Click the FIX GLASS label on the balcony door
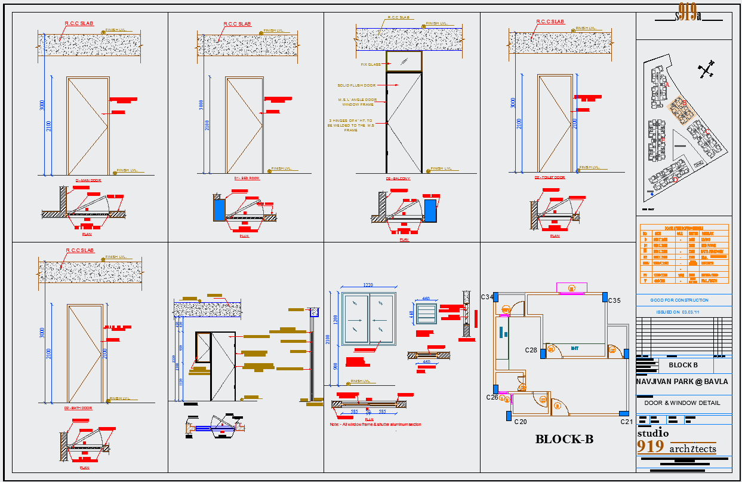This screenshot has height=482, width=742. click(370, 65)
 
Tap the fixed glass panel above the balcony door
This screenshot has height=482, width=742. click(404, 61)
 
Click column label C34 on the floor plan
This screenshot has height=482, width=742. click(487, 297)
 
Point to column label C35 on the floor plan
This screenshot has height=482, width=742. click(615, 300)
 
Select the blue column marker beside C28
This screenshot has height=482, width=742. click(543, 353)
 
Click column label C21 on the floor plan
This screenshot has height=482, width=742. click(626, 422)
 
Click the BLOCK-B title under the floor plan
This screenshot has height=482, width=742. click(564, 440)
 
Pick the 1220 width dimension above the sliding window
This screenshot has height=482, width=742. click(368, 285)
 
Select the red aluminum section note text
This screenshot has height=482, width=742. click(375, 425)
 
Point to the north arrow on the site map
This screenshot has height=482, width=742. click(706, 70)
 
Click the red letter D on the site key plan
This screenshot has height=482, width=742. click(675, 179)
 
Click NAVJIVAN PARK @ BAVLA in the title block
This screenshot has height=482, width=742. click(682, 381)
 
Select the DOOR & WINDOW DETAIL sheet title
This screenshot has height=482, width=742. click(682, 403)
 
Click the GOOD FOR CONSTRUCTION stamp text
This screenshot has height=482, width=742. click(680, 300)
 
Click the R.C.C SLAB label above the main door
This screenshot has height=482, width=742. click(79, 23)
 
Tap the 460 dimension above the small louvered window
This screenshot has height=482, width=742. click(426, 299)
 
